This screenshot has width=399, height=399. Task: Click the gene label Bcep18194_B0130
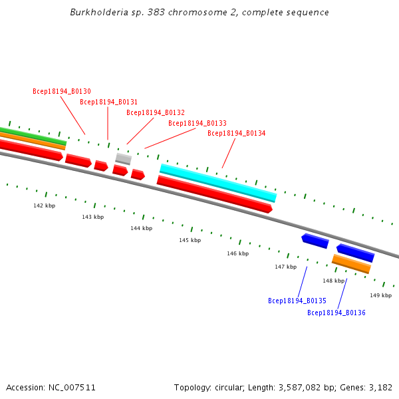coord(62,91)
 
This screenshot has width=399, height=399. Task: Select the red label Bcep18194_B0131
coord(108,102)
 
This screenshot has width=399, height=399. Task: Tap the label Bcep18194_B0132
coord(156,112)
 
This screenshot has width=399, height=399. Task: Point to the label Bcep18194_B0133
coord(197,123)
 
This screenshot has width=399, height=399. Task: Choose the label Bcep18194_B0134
coord(236,133)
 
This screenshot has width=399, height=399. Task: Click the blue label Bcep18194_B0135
coord(297,301)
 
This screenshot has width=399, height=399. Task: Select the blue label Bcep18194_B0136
coord(336,312)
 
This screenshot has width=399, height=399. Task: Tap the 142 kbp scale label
coord(45,205)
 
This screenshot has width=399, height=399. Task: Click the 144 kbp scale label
coord(141,228)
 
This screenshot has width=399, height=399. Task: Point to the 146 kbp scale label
coord(237,253)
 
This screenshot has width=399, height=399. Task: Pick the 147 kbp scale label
coord(285,267)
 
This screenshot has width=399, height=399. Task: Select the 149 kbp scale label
coord(380,295)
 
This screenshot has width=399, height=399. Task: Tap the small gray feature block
coord(123,158)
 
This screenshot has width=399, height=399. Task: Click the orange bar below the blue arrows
coord(351,264)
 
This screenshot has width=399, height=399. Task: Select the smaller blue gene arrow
coord(315,241)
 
